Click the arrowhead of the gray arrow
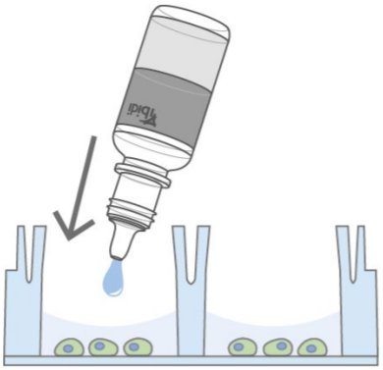(x=71, y=229)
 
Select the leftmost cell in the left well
(x=70, y=347)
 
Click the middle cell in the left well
(x=101, y=346)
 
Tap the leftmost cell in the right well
(x=243, y=347)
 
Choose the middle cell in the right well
(x=277, y=347)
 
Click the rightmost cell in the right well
(x=312, y=347)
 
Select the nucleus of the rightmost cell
(x=312, y=347)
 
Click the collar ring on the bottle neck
(x=142, y=176)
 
